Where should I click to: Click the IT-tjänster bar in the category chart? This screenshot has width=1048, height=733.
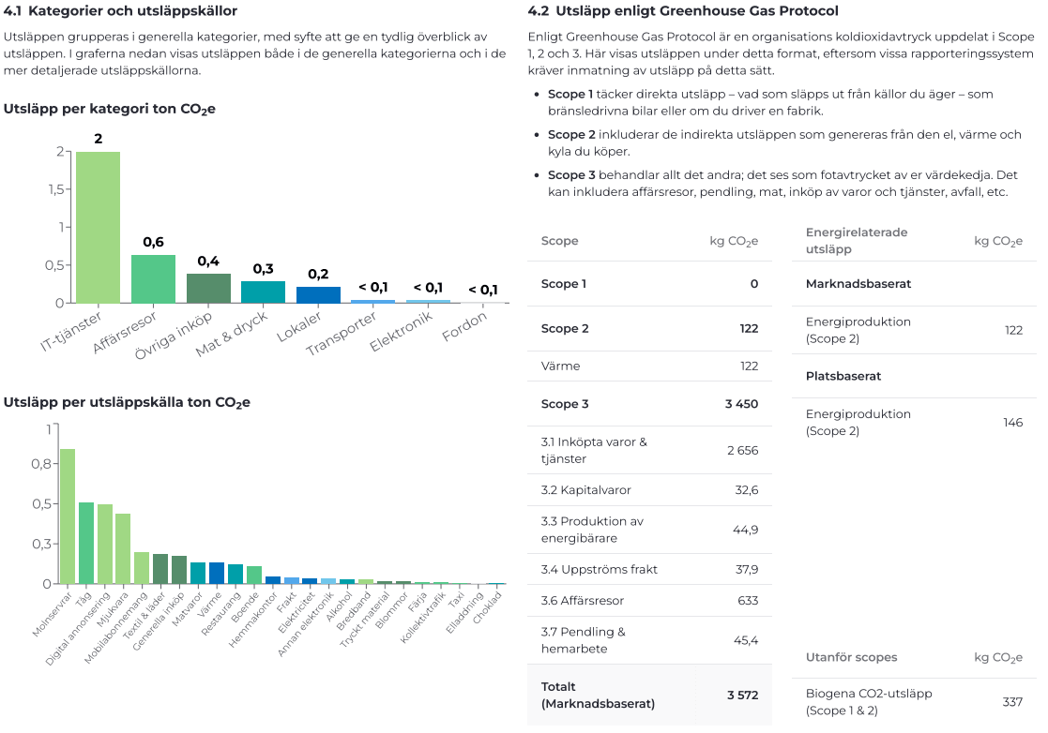click(x=98, y=227)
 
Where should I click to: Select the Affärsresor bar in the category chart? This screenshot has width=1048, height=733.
click(x=153, y=278)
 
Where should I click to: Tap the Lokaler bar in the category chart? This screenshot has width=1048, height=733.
click(x=318, y=294)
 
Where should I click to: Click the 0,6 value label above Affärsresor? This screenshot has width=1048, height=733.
click(x=153, y=242)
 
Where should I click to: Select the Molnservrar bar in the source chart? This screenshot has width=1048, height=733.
click(x=68, y=516)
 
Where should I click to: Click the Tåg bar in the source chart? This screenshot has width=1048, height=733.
click(x=86, y=543)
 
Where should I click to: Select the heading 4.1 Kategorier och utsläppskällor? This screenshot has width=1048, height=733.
click(x=120, y=11)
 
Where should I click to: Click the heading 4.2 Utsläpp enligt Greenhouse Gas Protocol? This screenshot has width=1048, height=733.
click(x=683, y=11)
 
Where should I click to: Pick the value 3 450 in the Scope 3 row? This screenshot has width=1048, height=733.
click(x=740, y=404)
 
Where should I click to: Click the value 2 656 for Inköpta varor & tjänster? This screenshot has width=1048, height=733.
click(x=742, y=451)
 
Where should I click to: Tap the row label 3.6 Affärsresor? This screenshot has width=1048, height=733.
click(x=582, y=601)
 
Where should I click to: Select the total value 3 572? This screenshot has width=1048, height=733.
click(x=742, y=695)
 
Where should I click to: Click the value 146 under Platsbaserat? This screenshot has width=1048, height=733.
click(x=1012, y=423)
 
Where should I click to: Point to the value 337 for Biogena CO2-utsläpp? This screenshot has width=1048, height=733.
click(x=1012, y=702)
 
